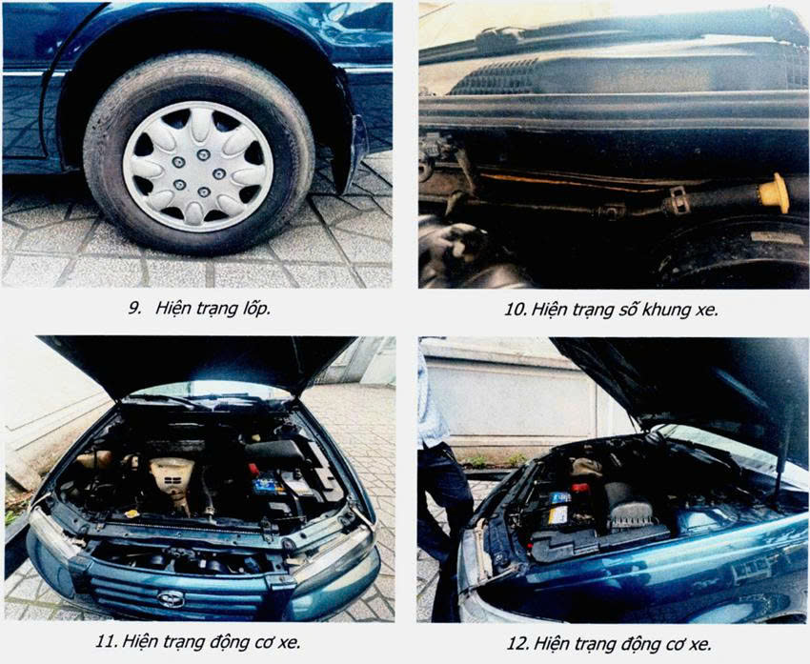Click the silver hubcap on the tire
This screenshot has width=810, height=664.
[x=198, y=167]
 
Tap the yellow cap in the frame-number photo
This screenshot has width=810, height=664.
[x=775, y=193]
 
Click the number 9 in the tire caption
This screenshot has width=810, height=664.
[x=134, y=309]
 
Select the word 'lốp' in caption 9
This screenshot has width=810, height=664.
[x=255, y=310]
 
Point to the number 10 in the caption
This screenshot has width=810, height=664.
[x=515, y=310]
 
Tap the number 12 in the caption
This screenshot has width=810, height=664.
[x=517, y=644]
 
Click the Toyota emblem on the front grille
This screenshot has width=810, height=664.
[x=171, y=599]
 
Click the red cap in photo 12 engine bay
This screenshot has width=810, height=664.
[x=580, y=488]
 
